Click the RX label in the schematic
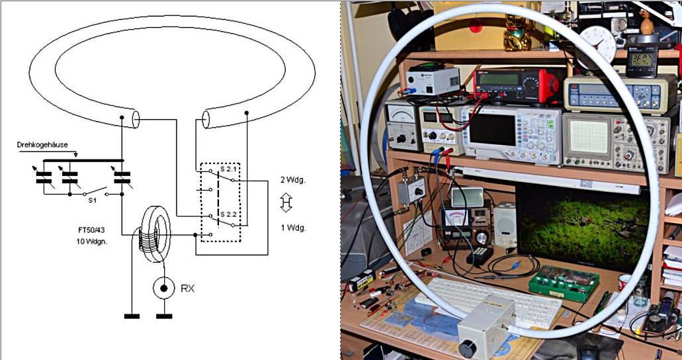pyautogui.click(x=188, y=288)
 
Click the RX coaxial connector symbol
pyautogui.click(x=163, y=289)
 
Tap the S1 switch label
pyautogui.click(x=93, y=199)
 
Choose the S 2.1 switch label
pyautogui.click(x=228, y=169)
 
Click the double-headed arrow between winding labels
pyautogui.click(x=286, y=203)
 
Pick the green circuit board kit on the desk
pyautogui.click(x=564, y=283)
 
